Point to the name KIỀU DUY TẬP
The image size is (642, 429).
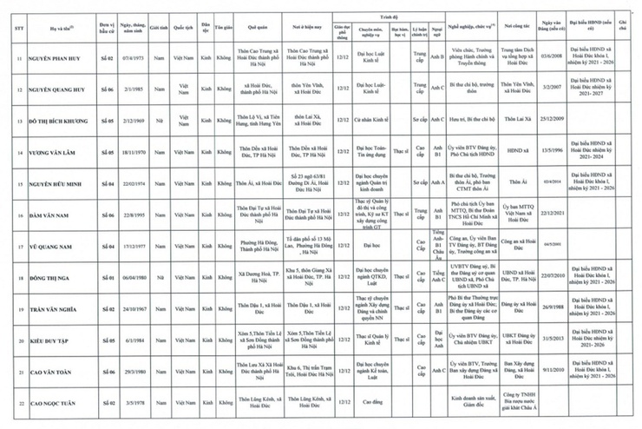pyautogui.click(x=54, y=340)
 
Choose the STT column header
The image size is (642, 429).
pyautogui.click(x=15, y=27)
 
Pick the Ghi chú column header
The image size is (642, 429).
pyautogui.click(x=622, y=27)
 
